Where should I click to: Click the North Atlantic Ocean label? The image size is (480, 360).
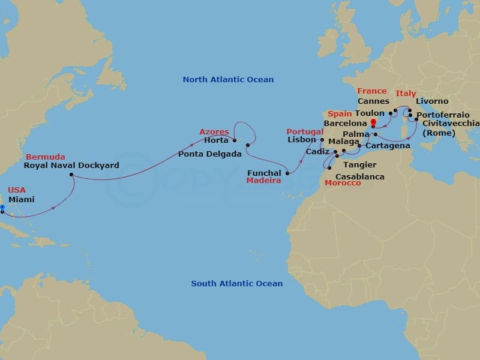click(x=228, y=80)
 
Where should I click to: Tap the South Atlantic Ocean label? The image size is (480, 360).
click(x=236, y=284)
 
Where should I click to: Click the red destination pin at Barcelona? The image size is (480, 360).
click(x=373, y=124)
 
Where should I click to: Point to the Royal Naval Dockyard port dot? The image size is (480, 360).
click(x=71, y=175)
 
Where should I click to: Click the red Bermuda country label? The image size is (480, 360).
click(x=45, y=157)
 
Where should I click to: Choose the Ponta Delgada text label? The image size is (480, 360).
click(x=209, y=154)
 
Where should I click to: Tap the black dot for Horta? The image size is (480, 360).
click(x=234, y=142)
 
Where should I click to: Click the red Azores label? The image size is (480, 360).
click(x=214, y=132)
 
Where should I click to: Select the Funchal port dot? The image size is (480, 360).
click(x=287, y=173)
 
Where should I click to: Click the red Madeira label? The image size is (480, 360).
click(x=263, y=181)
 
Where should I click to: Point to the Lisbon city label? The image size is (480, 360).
click(x=302, y=140)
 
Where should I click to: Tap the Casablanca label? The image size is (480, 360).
click(x=360, y=177)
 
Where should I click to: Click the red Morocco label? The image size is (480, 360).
click(x=343, y=183)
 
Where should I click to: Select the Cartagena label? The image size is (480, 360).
click(x=388, y=146)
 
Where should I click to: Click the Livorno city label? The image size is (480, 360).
click(x=431, y=101)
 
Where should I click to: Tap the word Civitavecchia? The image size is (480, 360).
click(x=451, y=123)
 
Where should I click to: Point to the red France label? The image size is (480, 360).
click(x=372, y=91)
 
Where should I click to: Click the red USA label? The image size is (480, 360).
click(x=17, y=190)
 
